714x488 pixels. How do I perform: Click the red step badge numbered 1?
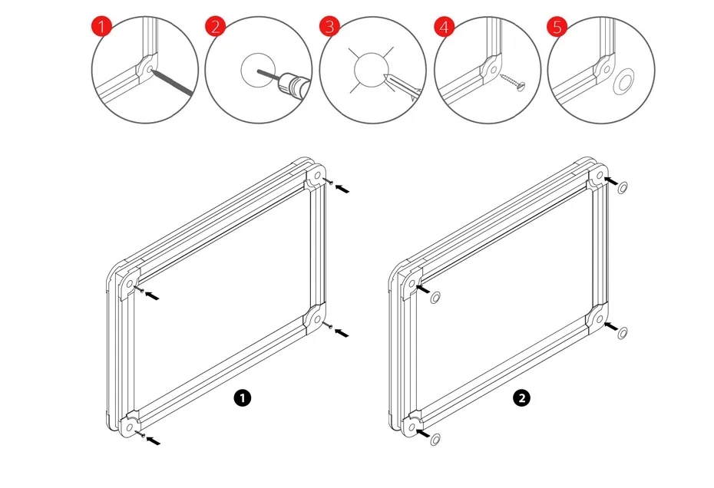(102, 28)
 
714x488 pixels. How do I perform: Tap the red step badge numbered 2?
(217, 28)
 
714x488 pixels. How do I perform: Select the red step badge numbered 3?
(330, 28)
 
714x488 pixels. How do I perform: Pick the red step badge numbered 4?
(444, 28)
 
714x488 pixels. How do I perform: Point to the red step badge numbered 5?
(557, 28)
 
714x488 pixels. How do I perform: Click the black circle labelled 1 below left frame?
(243, 397)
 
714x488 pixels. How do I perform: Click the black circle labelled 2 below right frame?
(523, 397)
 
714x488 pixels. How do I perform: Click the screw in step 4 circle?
(511, 79)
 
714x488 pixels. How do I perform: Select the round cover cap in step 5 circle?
(626, 79)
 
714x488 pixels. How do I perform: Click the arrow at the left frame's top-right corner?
(342, 186)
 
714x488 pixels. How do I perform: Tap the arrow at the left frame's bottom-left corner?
(154, 440)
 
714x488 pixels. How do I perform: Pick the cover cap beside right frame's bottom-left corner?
(435, 438)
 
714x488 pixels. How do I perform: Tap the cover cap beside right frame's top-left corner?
(435, 297)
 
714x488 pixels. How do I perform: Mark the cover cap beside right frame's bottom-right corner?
(623, 332)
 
